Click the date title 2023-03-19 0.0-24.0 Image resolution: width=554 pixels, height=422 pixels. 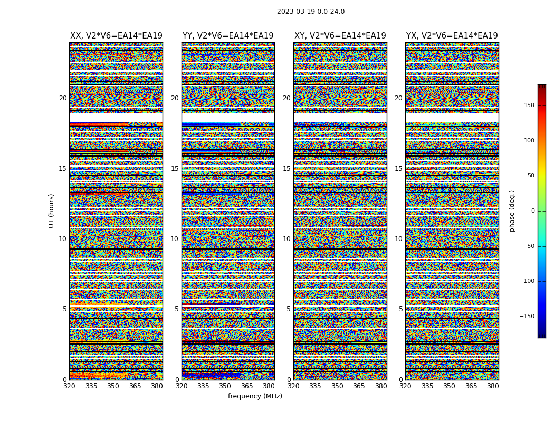tap(311, 12)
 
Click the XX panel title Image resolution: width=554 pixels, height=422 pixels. tap(116, 36)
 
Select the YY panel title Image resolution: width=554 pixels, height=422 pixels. tap(228, 36)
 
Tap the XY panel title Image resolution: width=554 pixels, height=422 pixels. tap(340, 36)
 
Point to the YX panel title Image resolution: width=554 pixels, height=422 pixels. tap(452, 36)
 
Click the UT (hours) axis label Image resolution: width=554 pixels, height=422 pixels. tap(51, 210)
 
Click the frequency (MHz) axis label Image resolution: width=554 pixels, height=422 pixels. tap(255, 396)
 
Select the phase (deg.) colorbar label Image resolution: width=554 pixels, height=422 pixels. tap(512, 211)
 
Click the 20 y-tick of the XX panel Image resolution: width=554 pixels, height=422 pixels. tap(63, 98)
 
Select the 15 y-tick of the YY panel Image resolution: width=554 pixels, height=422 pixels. tap(175, 169)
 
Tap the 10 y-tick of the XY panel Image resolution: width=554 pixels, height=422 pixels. tap(286, 239)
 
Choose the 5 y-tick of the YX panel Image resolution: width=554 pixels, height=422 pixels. tap(400, 309)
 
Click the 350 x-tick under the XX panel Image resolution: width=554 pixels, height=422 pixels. tap(113, 386)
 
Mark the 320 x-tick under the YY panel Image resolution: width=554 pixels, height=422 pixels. tap(182, 386)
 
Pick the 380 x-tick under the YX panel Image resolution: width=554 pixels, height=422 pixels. tap(493, 386)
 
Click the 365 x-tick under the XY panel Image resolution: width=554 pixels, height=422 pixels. tap(359, 386)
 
